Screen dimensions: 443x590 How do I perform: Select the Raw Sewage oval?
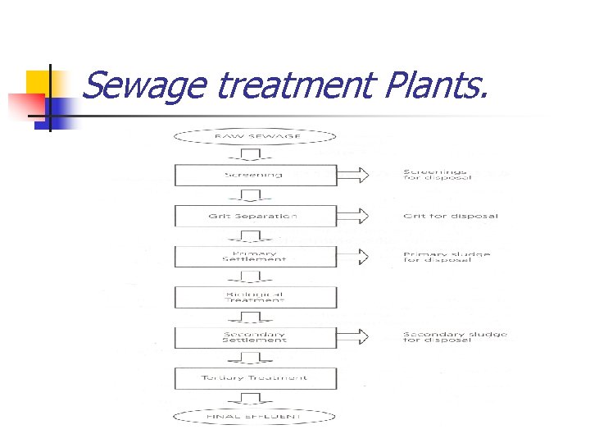(x=254, y=137)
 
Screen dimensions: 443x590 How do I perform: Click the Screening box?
(x=254, y=175)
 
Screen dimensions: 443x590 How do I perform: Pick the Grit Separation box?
(x=254, y=216)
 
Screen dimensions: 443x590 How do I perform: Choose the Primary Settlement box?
(x=254, y=257)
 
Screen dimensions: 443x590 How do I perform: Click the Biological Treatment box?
(x=254, y=296)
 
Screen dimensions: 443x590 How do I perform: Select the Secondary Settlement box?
(x=254, y=337)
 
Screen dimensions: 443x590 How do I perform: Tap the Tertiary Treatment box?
(x=254, y=377)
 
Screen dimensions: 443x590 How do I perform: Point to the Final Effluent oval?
(x=254, y=416)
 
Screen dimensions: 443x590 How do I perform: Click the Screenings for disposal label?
(x=438, y=175)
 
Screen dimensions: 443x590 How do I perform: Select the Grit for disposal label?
(x=451, y=216)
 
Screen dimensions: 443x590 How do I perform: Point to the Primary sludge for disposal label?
(x=447, y=257)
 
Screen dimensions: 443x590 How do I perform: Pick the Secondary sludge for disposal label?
(x=455, y=337)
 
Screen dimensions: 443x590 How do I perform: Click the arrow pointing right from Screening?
(x=354, y=175)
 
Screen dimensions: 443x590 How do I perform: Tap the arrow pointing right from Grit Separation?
(x=354, y=216)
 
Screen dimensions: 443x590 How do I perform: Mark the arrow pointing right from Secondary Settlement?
(x=354, y=337)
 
